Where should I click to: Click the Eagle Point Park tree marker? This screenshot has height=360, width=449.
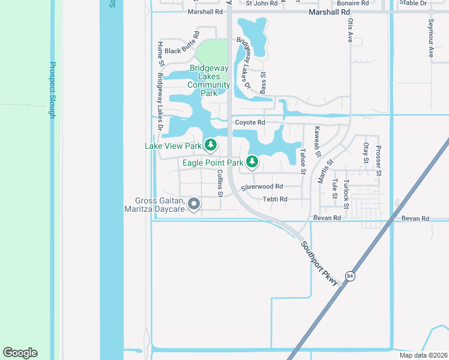coord(252,161)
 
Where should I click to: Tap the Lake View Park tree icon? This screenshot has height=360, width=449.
coord(210,145)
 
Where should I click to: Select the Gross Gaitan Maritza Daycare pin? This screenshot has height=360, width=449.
coord(194,205)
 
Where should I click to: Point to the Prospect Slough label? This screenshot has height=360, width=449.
coord(52,90)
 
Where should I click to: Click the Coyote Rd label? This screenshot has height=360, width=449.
coord(250,122)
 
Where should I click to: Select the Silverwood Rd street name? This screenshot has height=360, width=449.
coord(262,187)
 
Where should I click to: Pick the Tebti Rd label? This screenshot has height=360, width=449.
coord(275,199)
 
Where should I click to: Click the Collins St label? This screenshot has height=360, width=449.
coord(220,183)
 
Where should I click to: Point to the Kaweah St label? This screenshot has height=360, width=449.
coord(318,142)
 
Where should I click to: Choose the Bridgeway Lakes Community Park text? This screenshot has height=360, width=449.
coord(208,80)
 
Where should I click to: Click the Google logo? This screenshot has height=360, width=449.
coord(20,353)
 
